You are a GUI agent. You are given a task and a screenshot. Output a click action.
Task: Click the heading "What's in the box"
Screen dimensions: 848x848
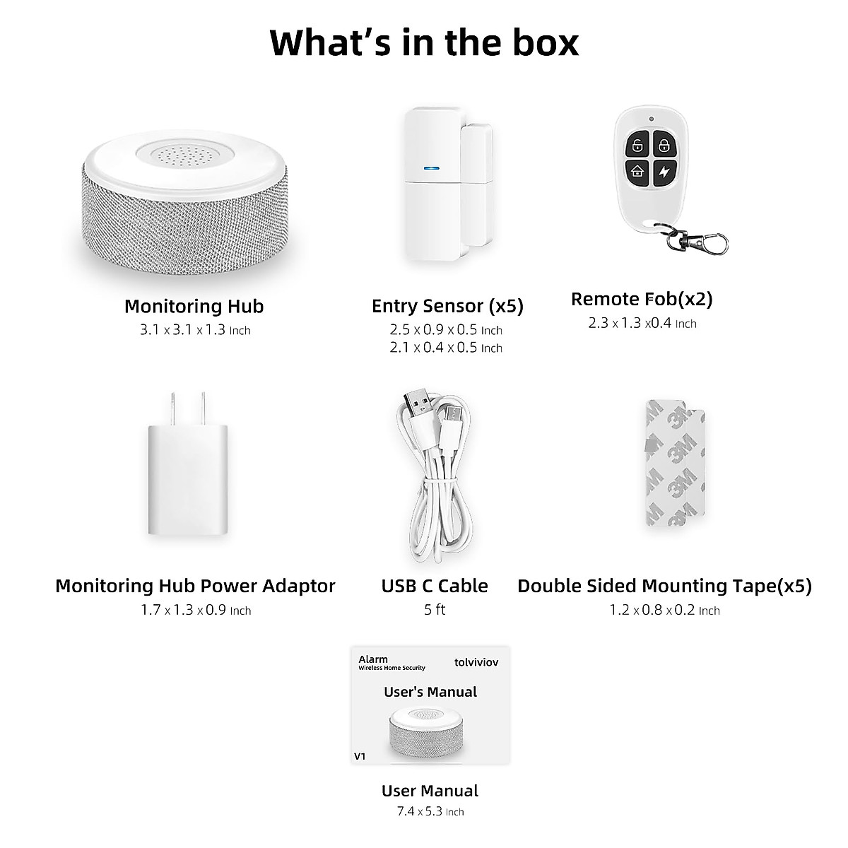pyautogui.click(x=424, y=42)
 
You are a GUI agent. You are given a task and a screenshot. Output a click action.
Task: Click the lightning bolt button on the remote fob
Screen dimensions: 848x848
pyautogui.click(x=664, y=171)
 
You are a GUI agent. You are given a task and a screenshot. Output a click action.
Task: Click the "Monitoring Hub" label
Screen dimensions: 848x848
pyautogui.click(x=194, y=306)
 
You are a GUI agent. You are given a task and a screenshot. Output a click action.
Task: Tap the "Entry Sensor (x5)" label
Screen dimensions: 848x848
pyautogui.click(x=447, y=306)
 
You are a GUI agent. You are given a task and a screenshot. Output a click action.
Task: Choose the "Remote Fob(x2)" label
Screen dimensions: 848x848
pyautogui.click(x=642, y=299)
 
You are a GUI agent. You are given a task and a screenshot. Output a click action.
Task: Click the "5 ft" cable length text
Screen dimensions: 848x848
pyautogui.click(x=435, y=610)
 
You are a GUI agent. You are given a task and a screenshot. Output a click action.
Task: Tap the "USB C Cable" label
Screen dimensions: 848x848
pyautogui.click(x=435, y=586)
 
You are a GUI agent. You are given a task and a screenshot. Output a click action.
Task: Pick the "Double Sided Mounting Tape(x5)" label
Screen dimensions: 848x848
pyautogui.click(x=664, y=586)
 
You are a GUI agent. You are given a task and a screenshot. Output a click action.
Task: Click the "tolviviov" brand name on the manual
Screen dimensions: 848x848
pyautogui.click(x=476, y=663)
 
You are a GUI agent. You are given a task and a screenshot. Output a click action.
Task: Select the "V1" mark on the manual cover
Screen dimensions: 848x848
pyautogui.click(x=360, y=756)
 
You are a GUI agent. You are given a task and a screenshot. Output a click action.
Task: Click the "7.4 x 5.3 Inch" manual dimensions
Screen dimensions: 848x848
pyautogui.click(x=430, y=812)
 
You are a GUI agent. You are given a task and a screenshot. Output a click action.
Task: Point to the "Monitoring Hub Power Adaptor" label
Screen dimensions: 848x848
pyautogui.click(x=195, y=586)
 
